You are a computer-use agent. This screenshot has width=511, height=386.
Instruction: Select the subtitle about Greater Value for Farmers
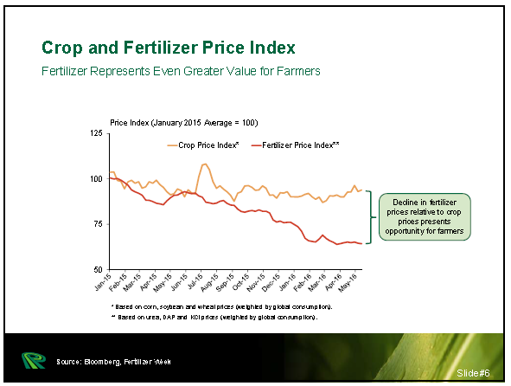pyautogui.click(x=181, y=70)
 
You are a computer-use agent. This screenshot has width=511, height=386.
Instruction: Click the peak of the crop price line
pyautogui.click(x=204, y=164)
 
